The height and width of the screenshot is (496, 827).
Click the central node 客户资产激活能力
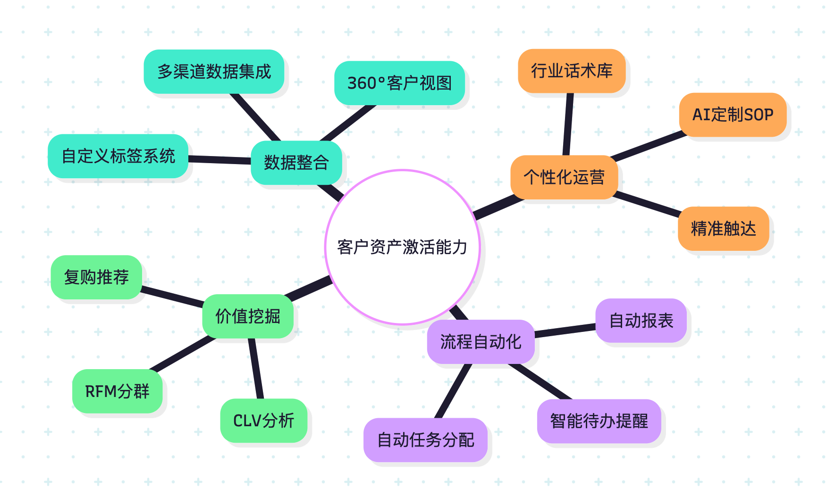(x=402, y=247)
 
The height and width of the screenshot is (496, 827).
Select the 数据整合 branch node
(x=296, y=163)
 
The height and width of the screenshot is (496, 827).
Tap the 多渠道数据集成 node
(x=214, y=72)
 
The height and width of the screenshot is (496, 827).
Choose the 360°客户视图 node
(x=399, y=83)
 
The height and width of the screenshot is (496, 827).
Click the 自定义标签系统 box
(x=118, y=156)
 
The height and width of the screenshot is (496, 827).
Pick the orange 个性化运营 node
(x=564, y=177)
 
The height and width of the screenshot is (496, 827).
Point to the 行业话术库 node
(x=572, y=71)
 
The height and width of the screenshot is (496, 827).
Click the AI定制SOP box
(x=733, y=115)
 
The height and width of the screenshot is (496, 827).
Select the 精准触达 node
(x=723, y=229)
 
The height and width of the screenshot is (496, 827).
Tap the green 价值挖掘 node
(x=248, y=316)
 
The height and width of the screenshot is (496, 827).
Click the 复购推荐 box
(x=96, y=277)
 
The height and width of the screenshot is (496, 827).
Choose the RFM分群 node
(x=117, y=391)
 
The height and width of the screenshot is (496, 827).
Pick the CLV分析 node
(x=263, y=421)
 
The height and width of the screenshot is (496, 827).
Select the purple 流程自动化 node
(x=481, y=342)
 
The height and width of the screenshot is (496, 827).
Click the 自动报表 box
(x=641, y=321)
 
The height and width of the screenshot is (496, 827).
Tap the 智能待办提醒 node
(x=599, y=421)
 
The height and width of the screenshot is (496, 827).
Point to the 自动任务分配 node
(x=425, y=440)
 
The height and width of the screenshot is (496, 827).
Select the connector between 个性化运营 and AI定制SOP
(x=648, y=146)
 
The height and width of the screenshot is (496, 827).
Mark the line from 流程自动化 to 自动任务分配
(x=453, y=391)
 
